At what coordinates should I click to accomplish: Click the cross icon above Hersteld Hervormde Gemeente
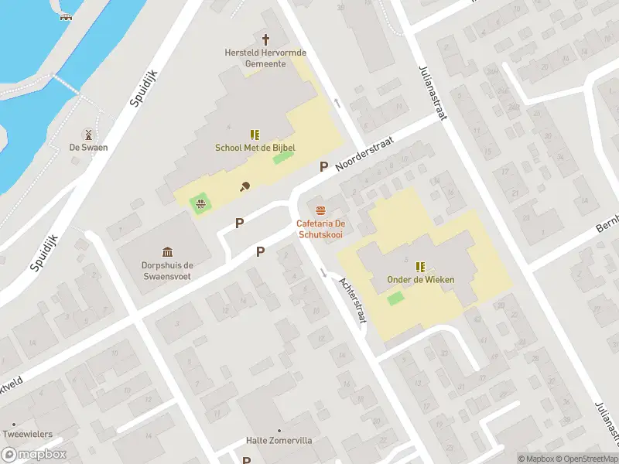tap(266, 39)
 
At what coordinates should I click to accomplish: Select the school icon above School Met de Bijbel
tap(255, 135)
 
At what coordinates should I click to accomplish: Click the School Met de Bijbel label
tap(255, 148)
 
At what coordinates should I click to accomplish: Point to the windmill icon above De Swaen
tap(88, 134)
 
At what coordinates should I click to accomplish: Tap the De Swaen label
tap(88, 147)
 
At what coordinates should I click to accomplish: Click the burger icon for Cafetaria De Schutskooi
tap(320, 210)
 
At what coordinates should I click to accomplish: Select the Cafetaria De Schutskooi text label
tap(320, 229)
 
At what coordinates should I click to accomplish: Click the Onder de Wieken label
tap(422, 280)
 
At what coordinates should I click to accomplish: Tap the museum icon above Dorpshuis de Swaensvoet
tap(168, 251)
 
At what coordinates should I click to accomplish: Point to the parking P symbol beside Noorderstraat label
tap(324, 166)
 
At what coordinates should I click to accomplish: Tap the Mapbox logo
tap(34, 455)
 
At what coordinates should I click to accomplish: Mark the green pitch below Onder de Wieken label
tap(395, 298)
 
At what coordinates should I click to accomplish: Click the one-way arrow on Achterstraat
tap(323, 272)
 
